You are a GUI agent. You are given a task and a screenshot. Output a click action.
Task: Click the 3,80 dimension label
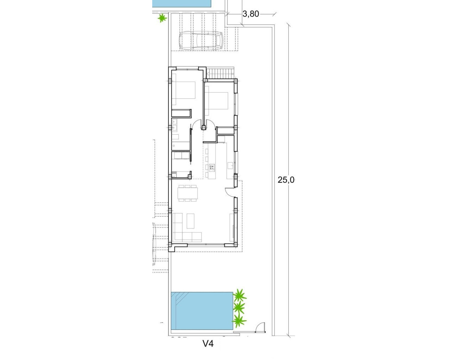[251, 14]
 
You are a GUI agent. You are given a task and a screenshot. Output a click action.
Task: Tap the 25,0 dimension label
[286, 180]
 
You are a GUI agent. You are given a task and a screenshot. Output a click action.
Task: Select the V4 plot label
[208, 343]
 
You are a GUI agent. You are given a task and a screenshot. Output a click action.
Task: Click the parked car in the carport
[201, 40]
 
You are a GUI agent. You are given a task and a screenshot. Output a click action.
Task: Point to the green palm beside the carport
[162, 18]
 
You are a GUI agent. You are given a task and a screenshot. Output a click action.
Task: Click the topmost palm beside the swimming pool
[240, 295]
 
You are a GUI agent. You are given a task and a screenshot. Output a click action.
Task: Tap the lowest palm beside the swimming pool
[239, 320]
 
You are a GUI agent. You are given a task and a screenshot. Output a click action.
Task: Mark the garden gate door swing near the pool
[261, 328]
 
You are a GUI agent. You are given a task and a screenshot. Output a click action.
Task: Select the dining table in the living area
[188, 193]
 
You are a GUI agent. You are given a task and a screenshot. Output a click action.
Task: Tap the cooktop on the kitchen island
[212, 167]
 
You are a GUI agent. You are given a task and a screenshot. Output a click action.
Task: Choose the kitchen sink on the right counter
[231, 165]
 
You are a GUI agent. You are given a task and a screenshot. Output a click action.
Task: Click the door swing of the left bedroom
[196, 124]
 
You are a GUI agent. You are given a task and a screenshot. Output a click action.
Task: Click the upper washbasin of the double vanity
[175, 123]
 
